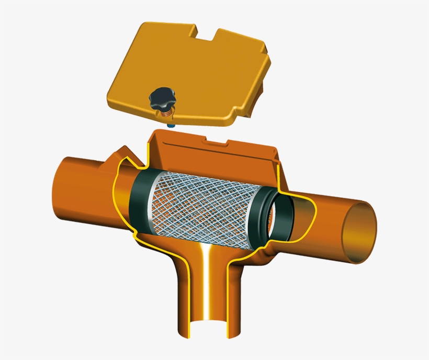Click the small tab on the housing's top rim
[215, 140]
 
